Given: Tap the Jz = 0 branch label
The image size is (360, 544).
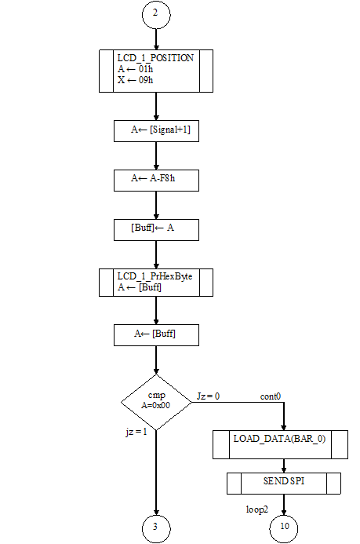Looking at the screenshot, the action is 209,396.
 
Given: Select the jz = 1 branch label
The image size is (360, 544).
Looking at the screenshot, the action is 136,432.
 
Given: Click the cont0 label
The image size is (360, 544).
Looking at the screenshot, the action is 271,396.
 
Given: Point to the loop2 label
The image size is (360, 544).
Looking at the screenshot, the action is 257,509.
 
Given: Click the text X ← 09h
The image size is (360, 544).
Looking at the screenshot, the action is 135,80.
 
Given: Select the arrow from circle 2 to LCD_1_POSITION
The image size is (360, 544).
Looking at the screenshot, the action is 156,39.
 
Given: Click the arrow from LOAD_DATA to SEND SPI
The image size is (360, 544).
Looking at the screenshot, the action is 284,466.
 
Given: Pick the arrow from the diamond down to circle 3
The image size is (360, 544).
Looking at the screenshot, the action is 156,473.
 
